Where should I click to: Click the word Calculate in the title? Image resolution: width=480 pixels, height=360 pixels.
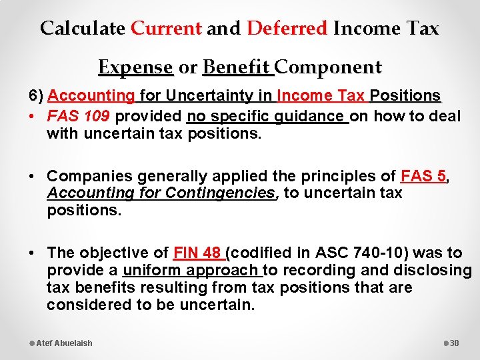pos(82,29)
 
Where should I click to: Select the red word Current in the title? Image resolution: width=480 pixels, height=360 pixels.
pos(166,29)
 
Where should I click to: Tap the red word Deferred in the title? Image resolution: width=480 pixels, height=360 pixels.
pos(287,29)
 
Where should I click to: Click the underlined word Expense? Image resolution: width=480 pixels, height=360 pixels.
pos(135,67)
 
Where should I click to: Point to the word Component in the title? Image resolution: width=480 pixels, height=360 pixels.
pos(329,67)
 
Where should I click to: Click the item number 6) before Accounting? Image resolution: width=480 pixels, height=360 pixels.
pos(37,96)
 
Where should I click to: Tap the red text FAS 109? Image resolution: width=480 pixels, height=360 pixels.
pos(79,117)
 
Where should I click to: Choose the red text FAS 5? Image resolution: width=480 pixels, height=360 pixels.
pos(423,177)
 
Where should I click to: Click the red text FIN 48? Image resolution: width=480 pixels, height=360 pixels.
pos(197,253)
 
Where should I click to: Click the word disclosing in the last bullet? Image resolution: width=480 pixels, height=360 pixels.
pos(433,270)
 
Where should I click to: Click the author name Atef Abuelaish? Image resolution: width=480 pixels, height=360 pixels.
pos(64,343)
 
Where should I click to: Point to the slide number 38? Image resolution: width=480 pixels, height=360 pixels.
pos(455,343)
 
